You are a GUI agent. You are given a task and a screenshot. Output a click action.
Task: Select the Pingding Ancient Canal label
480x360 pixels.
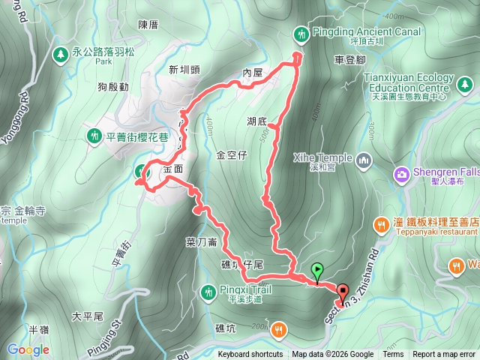coord(361,33)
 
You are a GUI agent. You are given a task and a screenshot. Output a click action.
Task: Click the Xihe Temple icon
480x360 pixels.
coord(364,159)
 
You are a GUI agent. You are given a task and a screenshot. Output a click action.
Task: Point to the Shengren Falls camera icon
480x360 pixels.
coord(402,175)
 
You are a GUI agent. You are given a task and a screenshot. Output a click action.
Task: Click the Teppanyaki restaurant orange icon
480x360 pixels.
coord(382,223)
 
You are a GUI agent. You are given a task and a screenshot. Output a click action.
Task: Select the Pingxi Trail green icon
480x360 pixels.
coord(209,289)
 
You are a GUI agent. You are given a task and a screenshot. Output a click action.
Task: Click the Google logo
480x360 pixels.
coord(28,349)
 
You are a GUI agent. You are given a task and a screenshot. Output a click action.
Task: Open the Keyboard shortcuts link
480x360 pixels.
coord(250,355)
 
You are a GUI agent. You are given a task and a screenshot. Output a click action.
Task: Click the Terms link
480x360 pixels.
coord(393,355)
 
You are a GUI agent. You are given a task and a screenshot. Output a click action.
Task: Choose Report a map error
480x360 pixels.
coord(444,355)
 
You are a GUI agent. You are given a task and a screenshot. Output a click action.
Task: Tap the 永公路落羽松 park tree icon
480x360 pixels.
coord(59,54)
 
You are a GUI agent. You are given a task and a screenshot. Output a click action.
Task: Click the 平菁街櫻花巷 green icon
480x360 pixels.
coord(94,136)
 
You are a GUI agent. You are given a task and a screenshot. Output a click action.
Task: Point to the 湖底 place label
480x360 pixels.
coord(256,121)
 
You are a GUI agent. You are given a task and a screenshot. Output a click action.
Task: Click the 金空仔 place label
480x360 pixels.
coord(231,156)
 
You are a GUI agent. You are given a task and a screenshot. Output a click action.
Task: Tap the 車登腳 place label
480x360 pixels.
coord(350,59)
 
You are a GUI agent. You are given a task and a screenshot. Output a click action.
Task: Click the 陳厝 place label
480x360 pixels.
coord(149,24)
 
